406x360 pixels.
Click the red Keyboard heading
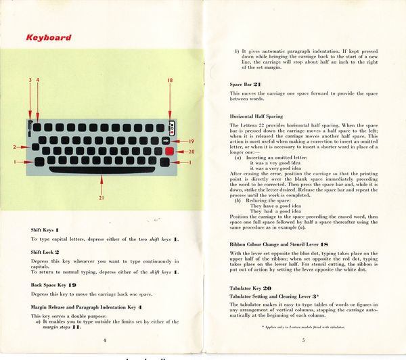[x=48, y=38]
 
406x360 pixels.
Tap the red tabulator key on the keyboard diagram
[x=166, y=151]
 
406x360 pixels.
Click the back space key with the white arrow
[x=166, y=140]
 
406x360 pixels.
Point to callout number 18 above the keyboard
[x=169, y=81]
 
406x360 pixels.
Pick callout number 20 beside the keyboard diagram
[x=191, y=151]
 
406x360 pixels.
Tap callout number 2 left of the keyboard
[x=15, y=146]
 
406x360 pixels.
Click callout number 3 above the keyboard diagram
[x=30, y=81]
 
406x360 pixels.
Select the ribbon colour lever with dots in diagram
[x=173, y=127]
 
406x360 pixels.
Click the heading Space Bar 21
[x=246, y=83]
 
